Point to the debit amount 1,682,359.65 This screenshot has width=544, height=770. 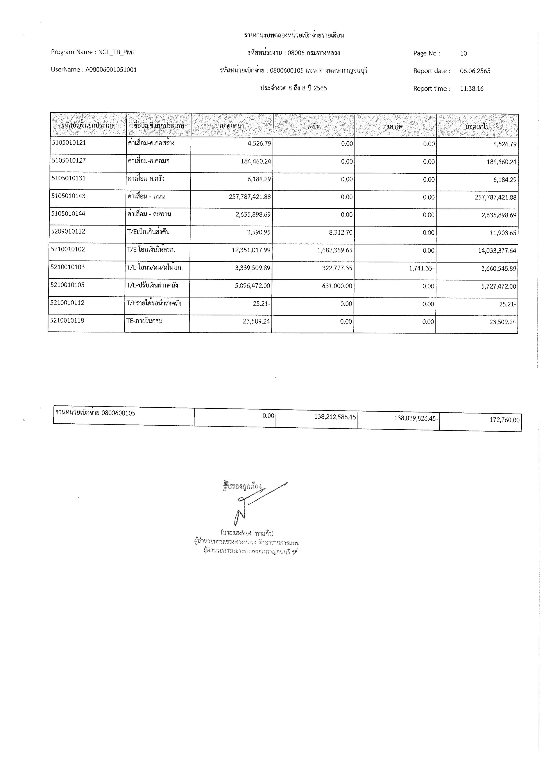click(x=335, y=250)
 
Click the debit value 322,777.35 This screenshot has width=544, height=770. click(x=337, y=268)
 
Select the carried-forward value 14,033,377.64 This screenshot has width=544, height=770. click(x=497, y=250)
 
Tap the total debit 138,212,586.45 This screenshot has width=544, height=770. click(x=335, y=417)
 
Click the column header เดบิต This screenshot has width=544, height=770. click(x=314, y=126)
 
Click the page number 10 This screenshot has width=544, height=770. click(x=463, y=53)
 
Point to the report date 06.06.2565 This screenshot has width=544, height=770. click(x=475, y=71)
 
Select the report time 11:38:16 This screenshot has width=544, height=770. click(x=472, y=88)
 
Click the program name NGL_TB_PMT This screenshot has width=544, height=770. click(x=117, y=52)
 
